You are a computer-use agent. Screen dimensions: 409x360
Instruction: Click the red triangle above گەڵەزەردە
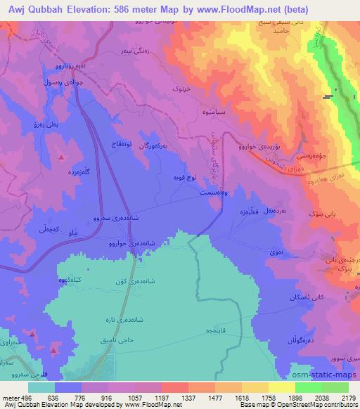tap(62, 155)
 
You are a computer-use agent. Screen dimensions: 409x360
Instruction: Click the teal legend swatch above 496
tap(41, 386)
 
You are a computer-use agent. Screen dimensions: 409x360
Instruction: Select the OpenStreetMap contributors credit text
tap(310, 405)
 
